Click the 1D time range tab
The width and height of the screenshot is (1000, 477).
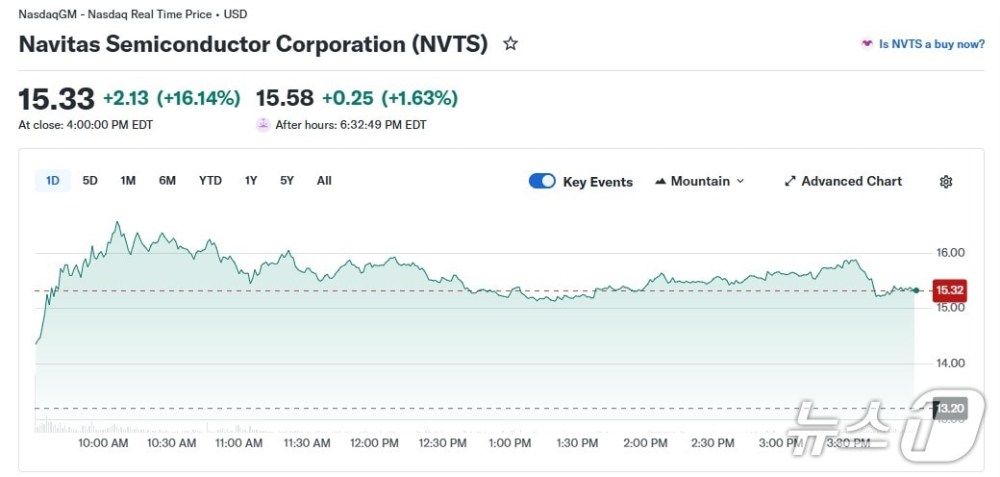(x=53, y=181)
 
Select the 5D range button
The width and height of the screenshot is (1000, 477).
(x=90, y=181)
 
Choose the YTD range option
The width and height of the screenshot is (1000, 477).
(x=211, y=181)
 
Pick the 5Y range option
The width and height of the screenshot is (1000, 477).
(x=287, y=181)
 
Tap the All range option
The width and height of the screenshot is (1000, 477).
(x=324, y=181)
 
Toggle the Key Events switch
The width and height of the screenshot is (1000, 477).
(x=542, y=181)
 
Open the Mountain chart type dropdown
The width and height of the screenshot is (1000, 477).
(x=699, y=181)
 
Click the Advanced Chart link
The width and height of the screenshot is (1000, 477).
(x=843, y=181)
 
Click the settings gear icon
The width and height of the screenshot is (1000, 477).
(x=946, y=182)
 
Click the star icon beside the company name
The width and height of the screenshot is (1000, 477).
(x=511, y=43)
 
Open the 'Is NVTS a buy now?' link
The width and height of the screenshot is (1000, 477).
(x=923, y=44)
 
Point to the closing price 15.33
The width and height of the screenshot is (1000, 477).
(x=57, y=98)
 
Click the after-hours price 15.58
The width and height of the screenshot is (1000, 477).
(x=285, y=98)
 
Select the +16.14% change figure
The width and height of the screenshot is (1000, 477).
(x=198, y=98)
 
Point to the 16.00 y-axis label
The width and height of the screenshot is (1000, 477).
(x=951, y=253)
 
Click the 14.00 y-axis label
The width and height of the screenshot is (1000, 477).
(x=951, y=364)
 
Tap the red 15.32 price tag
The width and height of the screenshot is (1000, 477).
(x=949, y=289)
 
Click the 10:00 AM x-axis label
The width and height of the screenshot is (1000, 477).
(x=104, y=443)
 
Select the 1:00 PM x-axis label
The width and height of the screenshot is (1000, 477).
(x=510, y=443)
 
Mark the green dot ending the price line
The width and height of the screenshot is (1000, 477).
(x=915, y=289)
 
